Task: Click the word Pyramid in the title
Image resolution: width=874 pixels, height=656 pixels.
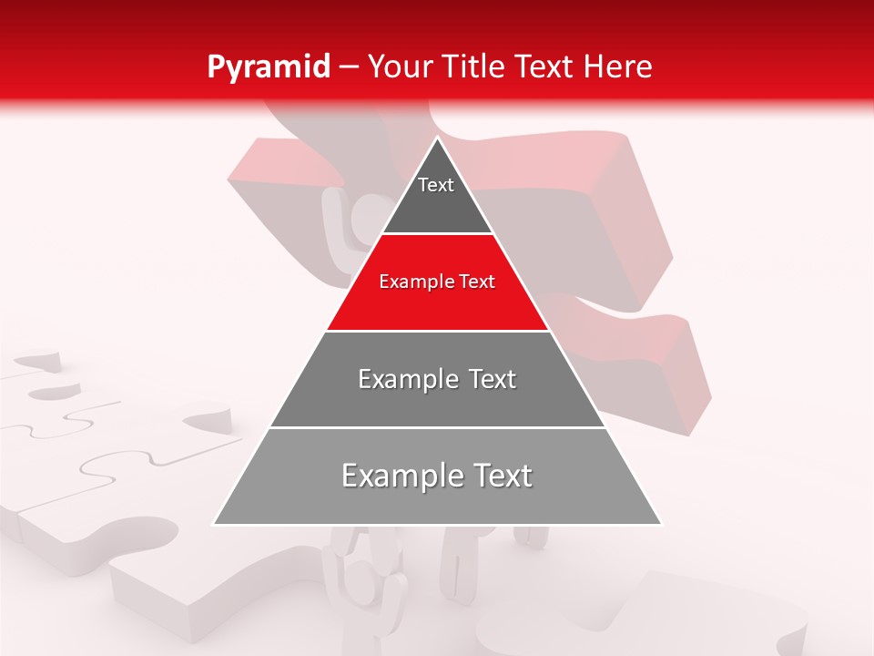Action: point(268,67)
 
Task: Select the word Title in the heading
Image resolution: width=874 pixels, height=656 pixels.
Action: point(473,67)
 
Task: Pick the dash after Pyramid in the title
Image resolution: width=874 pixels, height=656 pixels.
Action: point(349,68)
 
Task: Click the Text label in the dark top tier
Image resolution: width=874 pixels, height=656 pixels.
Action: point(436,185)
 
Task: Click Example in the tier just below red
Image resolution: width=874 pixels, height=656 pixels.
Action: point(406,379)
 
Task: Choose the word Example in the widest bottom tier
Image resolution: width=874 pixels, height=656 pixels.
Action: point(397,476)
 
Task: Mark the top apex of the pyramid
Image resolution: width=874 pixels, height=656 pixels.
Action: point(437,138)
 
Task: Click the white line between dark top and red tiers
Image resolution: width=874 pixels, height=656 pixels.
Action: point(437,234)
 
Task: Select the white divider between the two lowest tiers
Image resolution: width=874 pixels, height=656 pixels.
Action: point(437,427)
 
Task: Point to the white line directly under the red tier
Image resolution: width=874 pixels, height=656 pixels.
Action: point(437,331)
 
